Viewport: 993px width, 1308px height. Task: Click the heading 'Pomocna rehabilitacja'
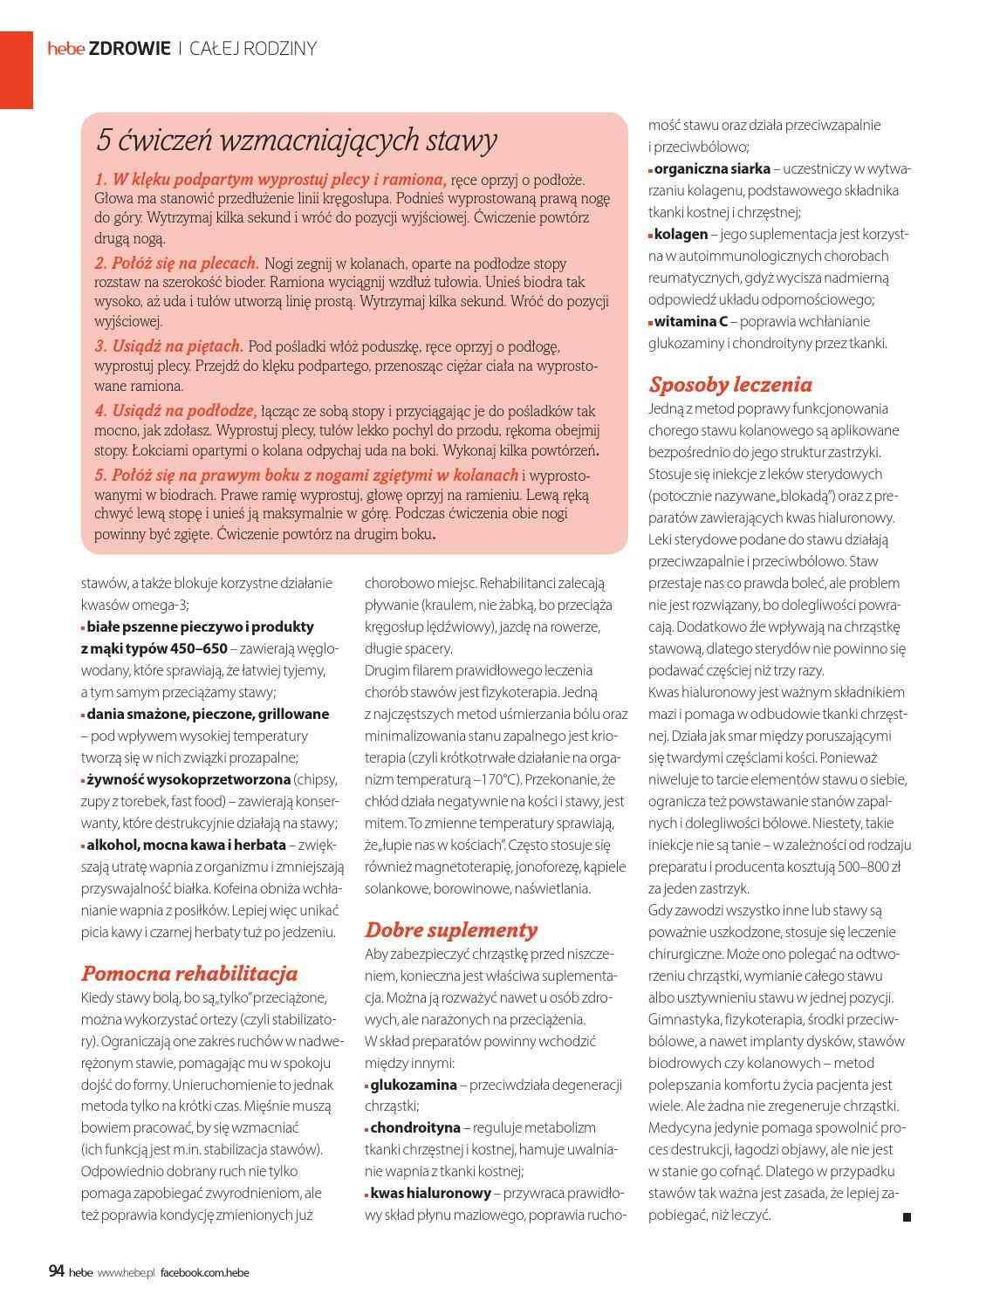click(189, 973)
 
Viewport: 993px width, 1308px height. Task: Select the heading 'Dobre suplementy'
click(451, 929)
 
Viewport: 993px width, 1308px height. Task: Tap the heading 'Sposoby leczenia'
click(730, 385)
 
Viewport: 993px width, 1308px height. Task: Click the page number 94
click(57, 1271)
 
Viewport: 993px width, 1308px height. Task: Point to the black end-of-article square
click(907, 1216)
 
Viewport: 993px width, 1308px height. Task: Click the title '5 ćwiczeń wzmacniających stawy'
click(297, 140)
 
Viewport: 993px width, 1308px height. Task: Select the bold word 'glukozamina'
click(414, 1085)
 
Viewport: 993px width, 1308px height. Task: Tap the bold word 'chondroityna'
click(414, 1128)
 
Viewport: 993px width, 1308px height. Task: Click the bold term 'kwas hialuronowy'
click(431, 1193)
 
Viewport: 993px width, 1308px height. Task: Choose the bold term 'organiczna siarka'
click(712, 168)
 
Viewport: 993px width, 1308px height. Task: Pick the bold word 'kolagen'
click(681, 234)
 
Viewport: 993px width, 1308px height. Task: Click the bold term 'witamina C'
click(691, 321)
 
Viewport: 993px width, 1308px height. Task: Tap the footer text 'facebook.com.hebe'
click(205, 1272)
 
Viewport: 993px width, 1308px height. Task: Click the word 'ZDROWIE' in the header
click(130, 49)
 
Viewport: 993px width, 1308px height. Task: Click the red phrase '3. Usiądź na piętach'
click(168, 346)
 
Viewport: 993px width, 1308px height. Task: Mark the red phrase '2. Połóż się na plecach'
click(176, 263)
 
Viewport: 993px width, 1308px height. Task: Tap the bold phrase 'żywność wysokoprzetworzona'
click(188, 779)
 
